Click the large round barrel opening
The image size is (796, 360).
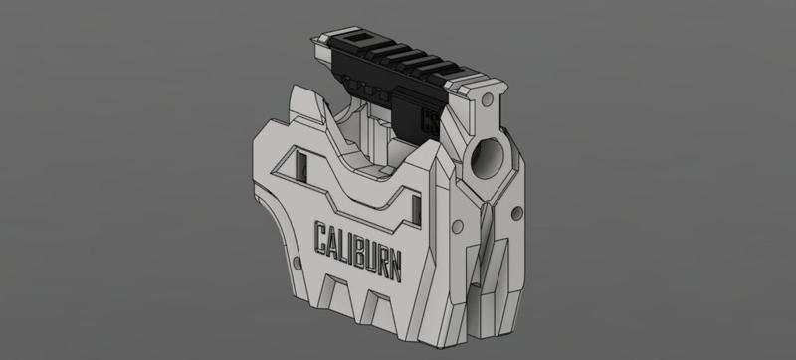point(493,157)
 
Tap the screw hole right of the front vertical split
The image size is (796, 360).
point(515,215)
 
